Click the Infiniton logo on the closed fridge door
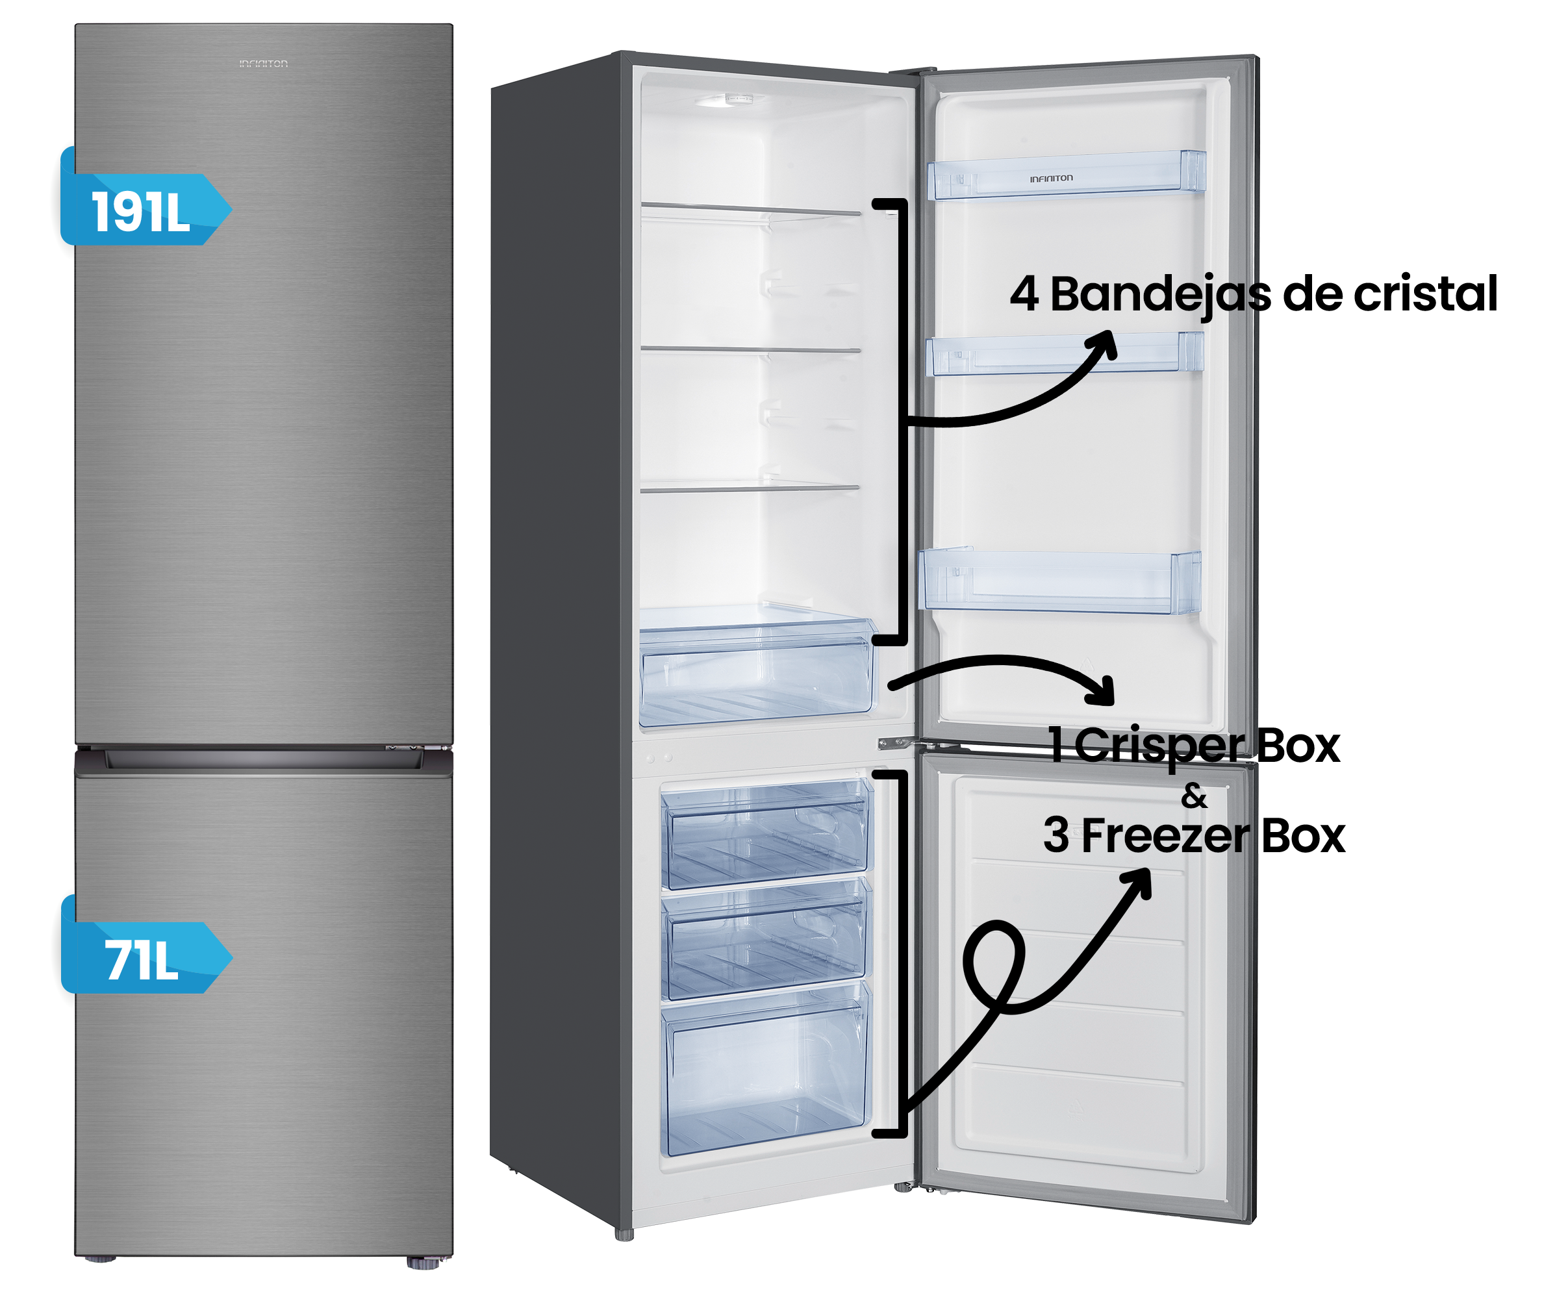pyautogui.click(x=263, y=64)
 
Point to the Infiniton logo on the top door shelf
pyautogui.click(x=1052, y=179)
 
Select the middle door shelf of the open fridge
pyautogui.click(x=1063, y=354)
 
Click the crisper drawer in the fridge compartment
pyautogui.click(x=755, y=675)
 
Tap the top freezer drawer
pyautogui.click(x=766, y=836)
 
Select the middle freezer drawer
pyautogui.click(x=766, y=940)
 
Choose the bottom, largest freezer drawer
pyautogui.click(x=765, y=1075)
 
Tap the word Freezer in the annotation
pyautogui.click(x=1165, y=836)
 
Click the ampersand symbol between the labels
pyautogui.click(x=1194, y=796)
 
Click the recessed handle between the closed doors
pyautogui.click(x=263, y=760)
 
